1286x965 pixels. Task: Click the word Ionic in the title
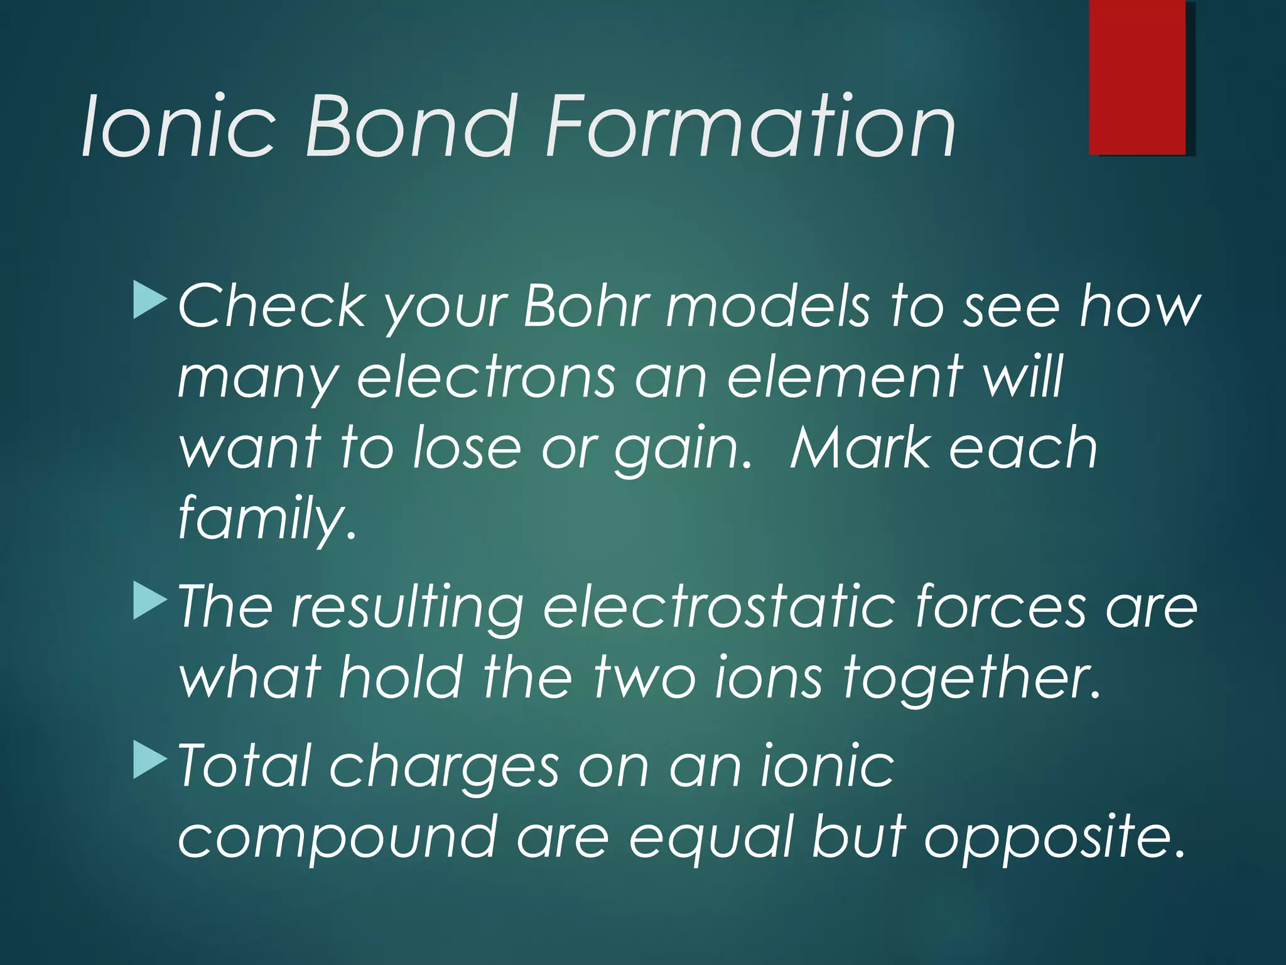click(x=178, y=126)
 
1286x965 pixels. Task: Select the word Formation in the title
click(x=750, y=126)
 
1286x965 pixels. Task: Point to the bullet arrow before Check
click(x=150, y=300)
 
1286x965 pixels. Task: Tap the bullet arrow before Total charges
click(x=150, y=760)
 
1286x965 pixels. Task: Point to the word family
click(x=267, y=519)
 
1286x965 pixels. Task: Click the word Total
click(x=245, y=766)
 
